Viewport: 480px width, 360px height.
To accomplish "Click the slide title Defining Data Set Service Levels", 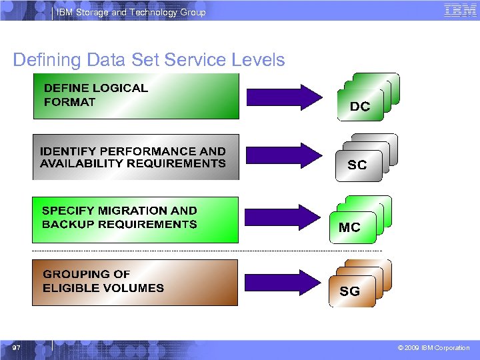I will (149, 60).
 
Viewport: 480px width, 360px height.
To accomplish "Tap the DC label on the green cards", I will (360, 107).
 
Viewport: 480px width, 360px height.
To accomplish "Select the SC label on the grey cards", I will (357, 165).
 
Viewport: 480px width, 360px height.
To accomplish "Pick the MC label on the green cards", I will (349, 227).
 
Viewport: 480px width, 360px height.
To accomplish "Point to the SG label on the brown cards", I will (350, 291).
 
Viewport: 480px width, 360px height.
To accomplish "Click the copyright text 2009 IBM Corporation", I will (437, 348).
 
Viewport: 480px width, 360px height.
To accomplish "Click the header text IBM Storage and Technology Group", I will (131, 12).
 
